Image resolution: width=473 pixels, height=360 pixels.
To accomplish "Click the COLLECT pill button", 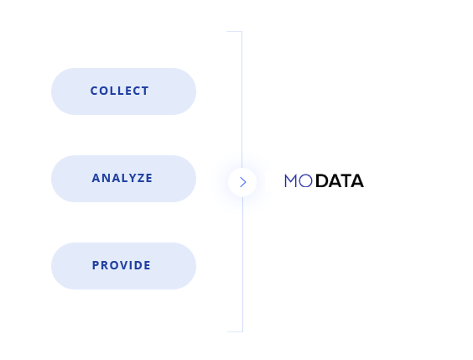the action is pos(123,91).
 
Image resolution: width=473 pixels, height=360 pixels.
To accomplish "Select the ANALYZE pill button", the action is pos(123,179).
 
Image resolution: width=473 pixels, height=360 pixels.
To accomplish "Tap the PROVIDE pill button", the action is pos(123,266).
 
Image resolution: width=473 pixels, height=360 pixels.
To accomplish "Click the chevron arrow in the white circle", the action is pos(243,182).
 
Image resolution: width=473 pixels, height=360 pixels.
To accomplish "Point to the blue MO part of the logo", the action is pos(299,180).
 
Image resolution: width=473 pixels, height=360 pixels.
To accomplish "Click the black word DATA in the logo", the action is pos(340,180).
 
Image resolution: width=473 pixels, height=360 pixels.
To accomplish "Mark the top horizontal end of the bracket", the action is pos(234,31).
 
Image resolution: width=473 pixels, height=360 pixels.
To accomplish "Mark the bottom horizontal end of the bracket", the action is pos(235,331).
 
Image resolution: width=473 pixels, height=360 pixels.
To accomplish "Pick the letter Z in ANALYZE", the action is pos(140,178).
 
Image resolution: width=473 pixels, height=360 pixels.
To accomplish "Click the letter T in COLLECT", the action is pos(145,91).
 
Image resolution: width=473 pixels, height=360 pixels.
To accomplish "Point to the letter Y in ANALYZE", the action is pos(132,178).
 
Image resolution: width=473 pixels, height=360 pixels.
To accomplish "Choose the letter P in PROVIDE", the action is pos(96,265).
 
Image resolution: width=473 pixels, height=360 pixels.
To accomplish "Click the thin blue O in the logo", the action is pos(305,180).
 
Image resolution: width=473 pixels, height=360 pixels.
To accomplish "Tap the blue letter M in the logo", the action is pos(291,180).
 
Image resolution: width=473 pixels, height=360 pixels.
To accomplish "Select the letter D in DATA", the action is pos(322,180).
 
